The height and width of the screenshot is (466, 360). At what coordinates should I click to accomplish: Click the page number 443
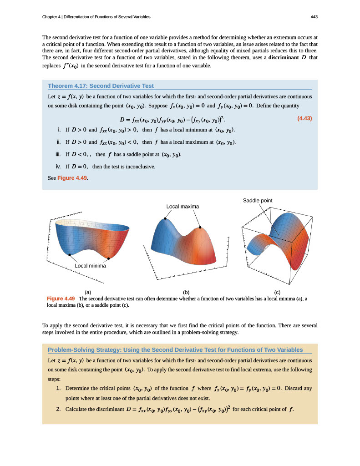coord(314,17)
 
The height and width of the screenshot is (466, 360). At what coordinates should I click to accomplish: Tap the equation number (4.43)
coord(304,119)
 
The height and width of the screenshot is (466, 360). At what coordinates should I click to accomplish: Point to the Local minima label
coord(90,266)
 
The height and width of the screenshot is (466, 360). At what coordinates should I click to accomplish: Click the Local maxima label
coord(183,207)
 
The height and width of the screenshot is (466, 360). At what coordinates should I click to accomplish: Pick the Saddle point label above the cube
coord(257,200)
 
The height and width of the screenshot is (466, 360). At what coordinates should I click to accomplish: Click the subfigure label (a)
coord(88,292)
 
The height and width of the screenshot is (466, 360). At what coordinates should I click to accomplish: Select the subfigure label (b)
coord(186,292)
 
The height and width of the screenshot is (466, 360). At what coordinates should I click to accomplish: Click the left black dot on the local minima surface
coord(70,254)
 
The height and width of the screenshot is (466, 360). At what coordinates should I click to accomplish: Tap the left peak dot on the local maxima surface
coord(165,219)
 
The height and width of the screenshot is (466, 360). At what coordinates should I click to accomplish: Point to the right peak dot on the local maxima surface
coord(200,228)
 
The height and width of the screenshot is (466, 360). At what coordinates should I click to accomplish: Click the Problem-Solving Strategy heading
coord(175,349)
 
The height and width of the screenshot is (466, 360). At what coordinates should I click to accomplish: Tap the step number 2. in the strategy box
coord(59,409)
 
